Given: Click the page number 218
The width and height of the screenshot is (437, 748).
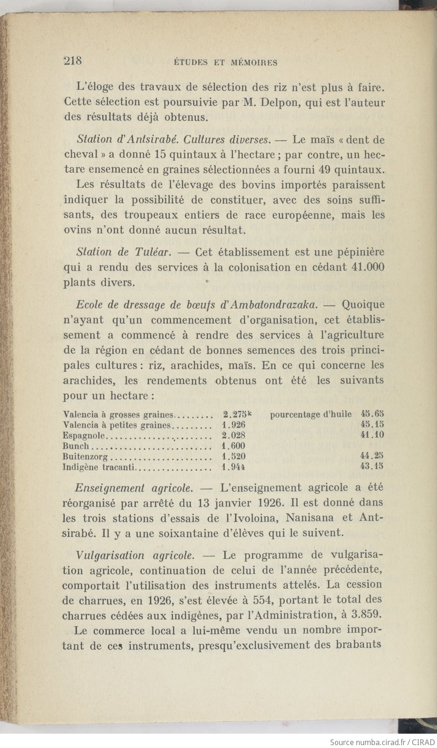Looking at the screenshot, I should [73, 61].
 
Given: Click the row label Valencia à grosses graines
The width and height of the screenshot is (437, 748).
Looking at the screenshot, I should [119, 415].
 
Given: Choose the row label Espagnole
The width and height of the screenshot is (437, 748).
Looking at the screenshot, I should [83, 436].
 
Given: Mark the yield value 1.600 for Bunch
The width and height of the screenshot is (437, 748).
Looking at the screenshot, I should [234, 446].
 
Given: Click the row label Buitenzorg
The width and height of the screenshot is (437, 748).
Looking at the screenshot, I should [85, 457].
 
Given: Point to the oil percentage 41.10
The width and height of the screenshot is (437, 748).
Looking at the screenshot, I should [373, 435].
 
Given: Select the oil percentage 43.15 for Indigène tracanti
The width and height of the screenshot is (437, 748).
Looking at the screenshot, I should [373, 466].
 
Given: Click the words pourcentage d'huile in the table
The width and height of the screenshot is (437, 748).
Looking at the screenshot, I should [311, 414].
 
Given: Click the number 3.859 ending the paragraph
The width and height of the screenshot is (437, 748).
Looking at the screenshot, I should [367, 615].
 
